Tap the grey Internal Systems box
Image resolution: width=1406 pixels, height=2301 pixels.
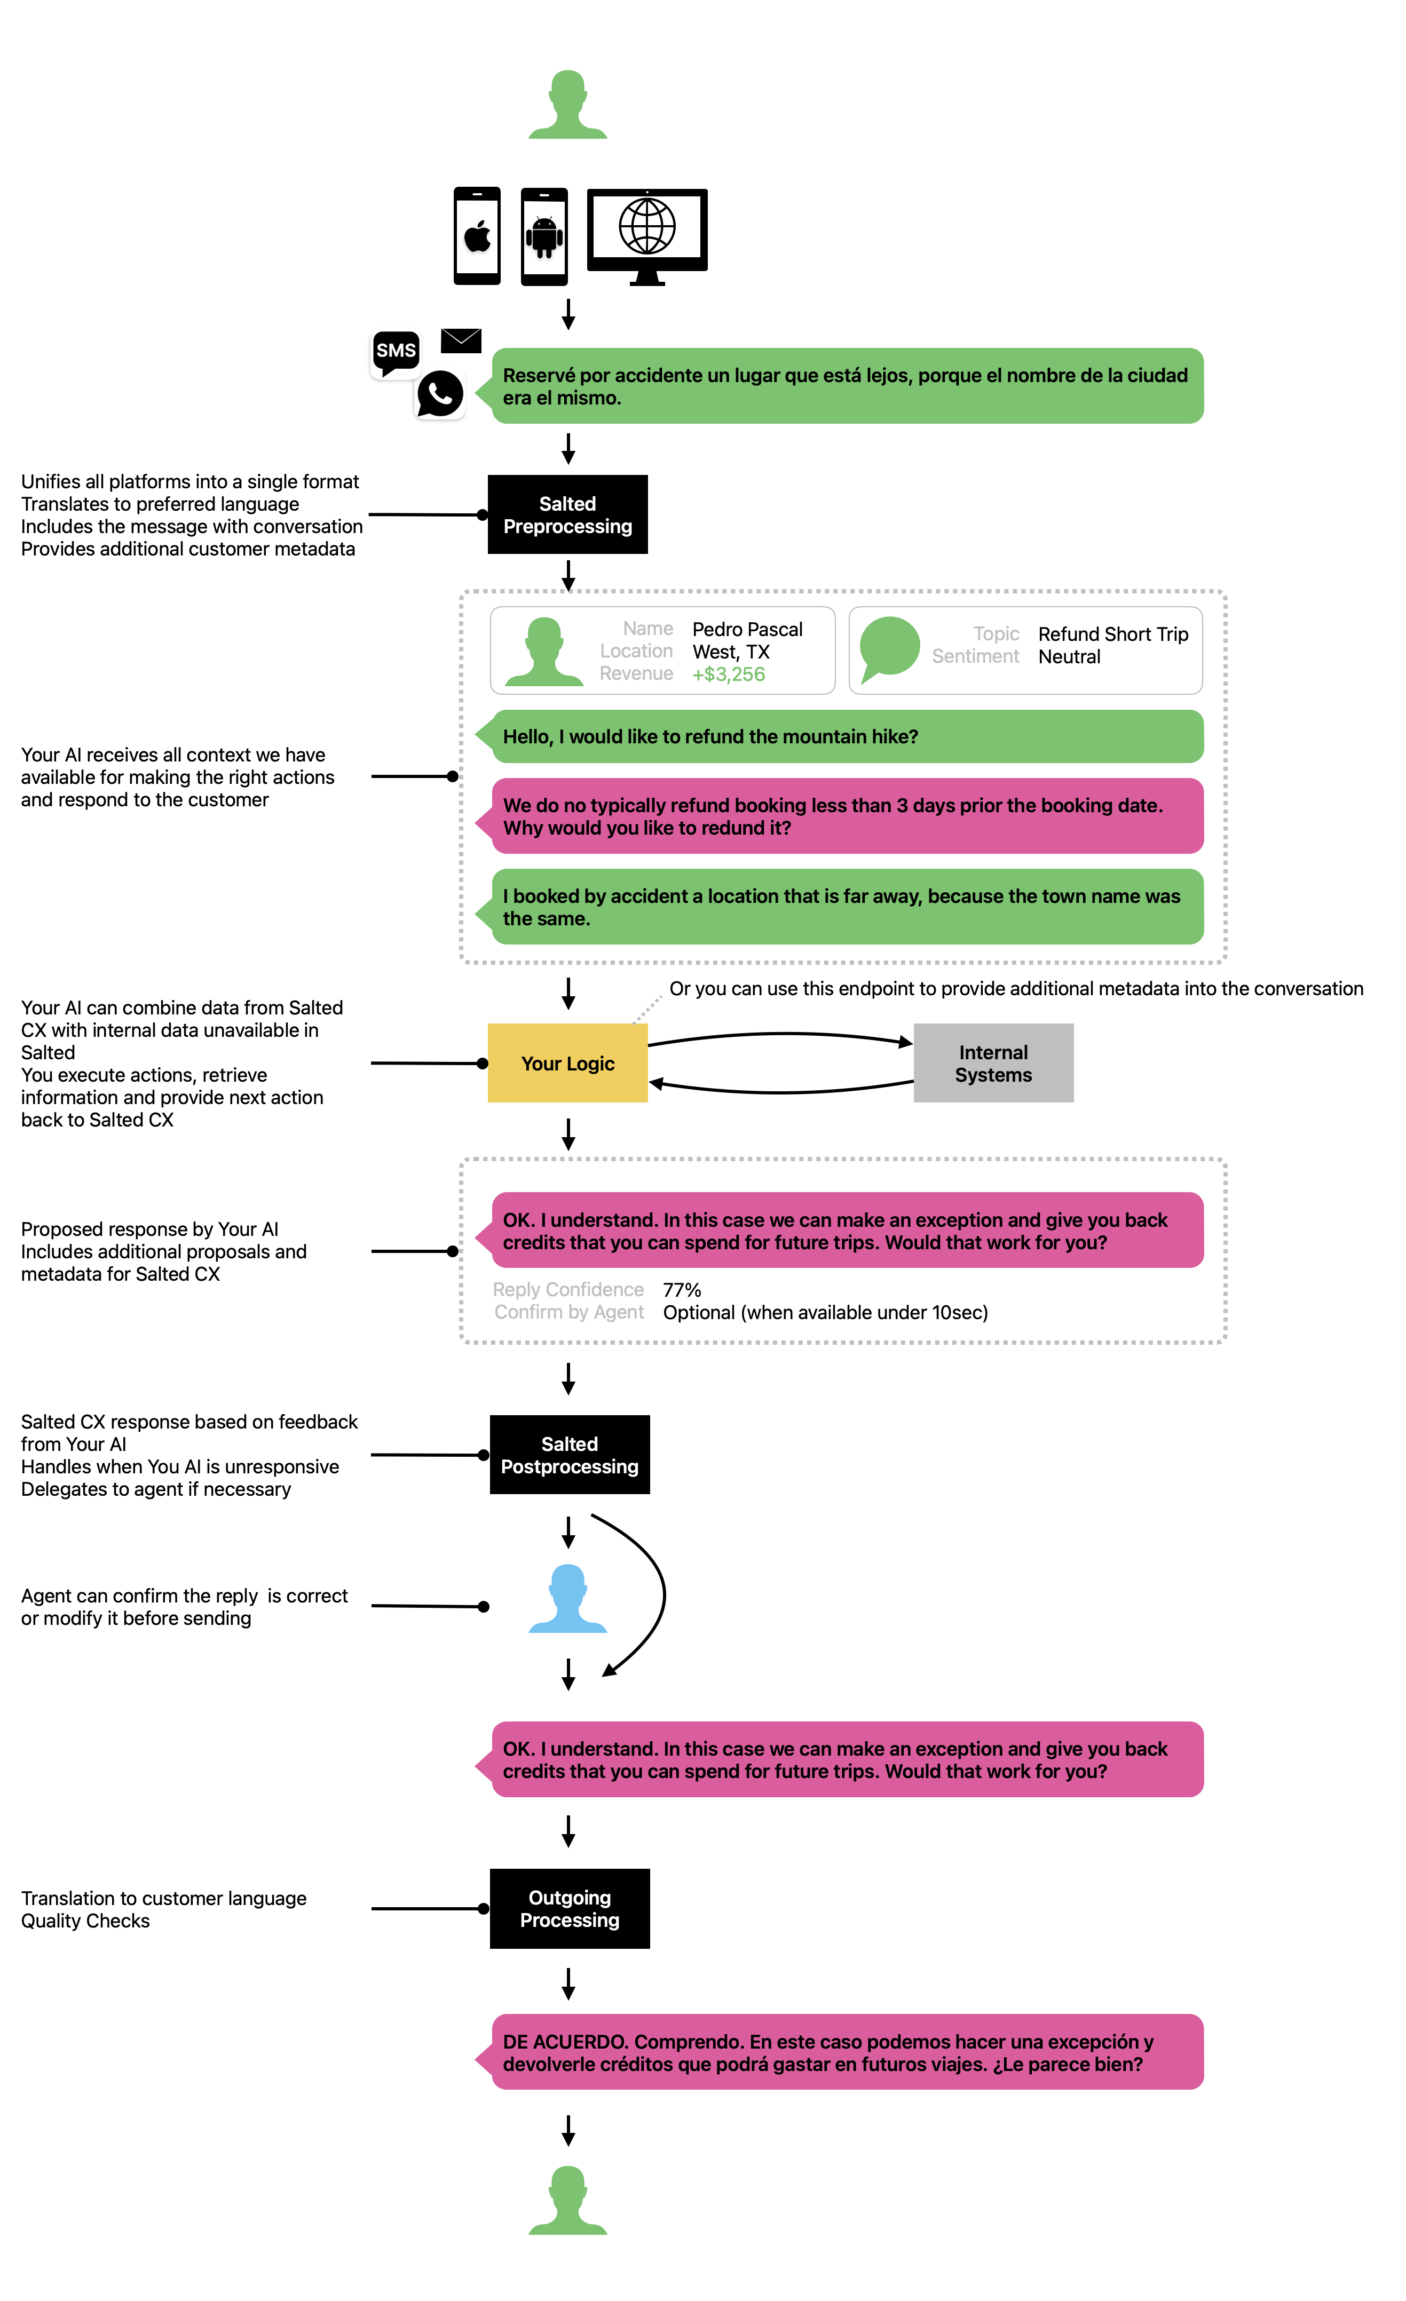coord(993,1063)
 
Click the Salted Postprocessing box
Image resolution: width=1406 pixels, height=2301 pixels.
coord(570,1455)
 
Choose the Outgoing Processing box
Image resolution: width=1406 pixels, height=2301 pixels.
coord(570,1909)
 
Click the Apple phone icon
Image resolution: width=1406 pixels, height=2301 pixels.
coord(477,236)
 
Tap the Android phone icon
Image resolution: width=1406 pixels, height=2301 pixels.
coord(544,236)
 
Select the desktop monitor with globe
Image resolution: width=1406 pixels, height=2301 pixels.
coord(647,236)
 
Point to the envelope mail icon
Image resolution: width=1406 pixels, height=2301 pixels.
coord(461,341)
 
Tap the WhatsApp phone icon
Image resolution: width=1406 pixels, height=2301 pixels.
coord(440,394)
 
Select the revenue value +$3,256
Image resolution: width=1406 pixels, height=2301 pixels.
coord(729,675)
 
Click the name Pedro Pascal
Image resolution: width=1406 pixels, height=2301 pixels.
coord(747,630)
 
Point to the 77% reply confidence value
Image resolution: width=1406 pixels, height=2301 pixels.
coord(682,1290)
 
